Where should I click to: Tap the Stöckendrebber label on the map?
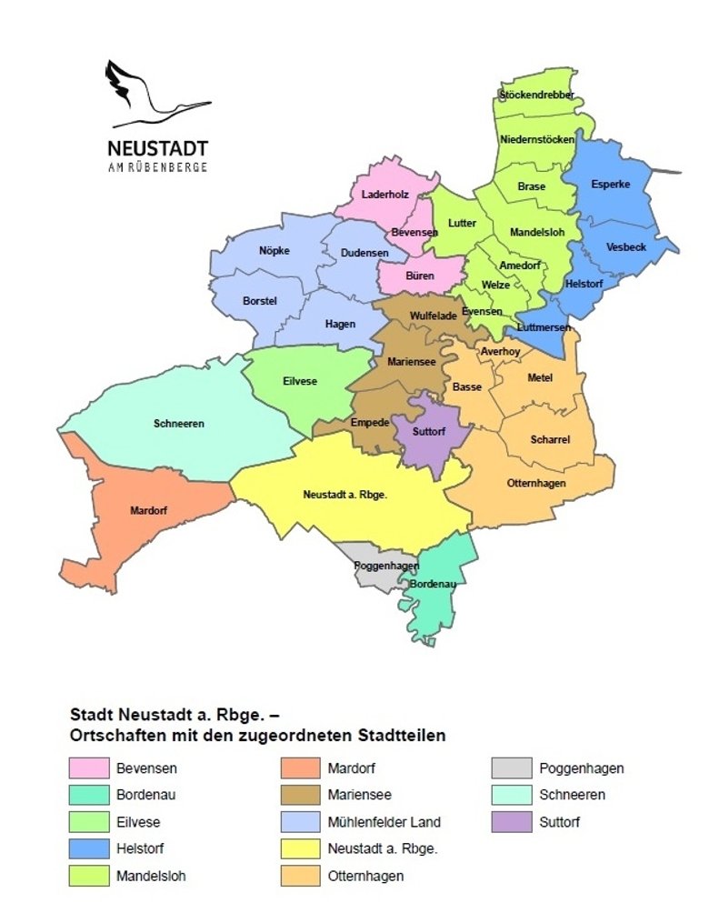[x=536, y=95]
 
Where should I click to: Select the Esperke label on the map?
[x=610, y=185]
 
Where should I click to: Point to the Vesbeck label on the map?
[x=626, y=246]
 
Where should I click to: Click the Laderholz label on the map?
[x=386, y=195]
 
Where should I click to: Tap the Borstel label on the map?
[x=259, y=300]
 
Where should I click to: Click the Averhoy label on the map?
[x=500, y=350]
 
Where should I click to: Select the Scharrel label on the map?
[x=550, y=439]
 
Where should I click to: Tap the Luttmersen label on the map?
[x=543, y=326]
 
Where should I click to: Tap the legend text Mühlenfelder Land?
[x=384, y=822]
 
